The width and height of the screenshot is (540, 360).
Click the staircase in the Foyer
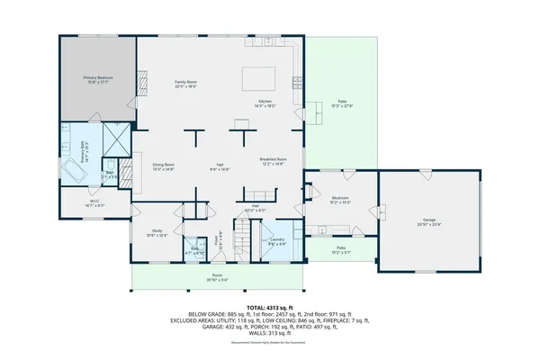(x=243, y=243)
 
